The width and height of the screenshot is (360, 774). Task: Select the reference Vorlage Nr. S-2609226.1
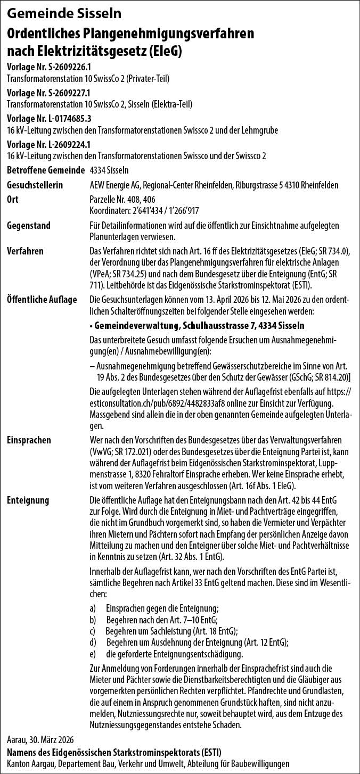(49, 68)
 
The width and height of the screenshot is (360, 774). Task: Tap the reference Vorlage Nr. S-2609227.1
(49, 93)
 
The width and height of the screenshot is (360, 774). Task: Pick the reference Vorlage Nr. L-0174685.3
(49, 118)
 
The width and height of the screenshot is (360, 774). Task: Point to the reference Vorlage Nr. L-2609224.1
(49, 144)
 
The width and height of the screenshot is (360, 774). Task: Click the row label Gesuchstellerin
(35, 185)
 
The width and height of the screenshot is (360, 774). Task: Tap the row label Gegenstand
(29, 225)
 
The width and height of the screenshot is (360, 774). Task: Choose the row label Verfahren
(26, 251)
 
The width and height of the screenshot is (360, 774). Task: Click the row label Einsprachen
(29, 440)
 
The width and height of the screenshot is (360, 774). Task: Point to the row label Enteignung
(28, 500)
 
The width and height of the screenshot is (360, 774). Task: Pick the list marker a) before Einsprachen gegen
(93, 607)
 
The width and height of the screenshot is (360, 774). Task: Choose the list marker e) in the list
(93, 653)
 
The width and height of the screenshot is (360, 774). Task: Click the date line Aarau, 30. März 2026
(40, 740)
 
